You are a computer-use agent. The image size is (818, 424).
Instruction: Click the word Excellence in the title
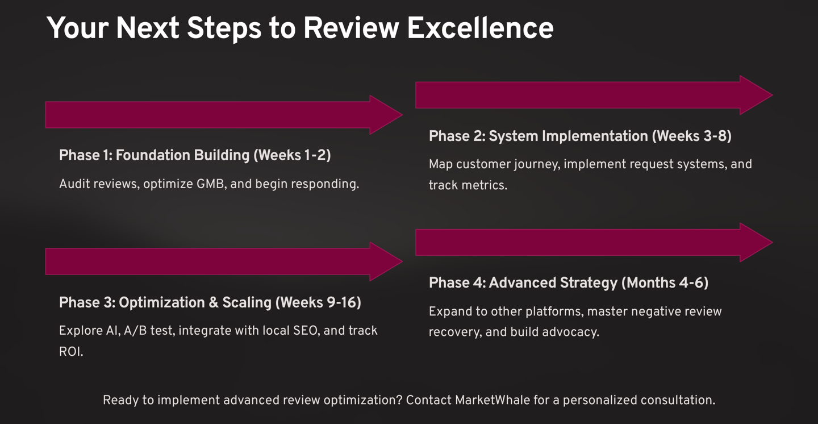[x=480, y=28]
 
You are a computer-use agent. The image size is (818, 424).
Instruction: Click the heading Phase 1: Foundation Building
[x=154, y=155]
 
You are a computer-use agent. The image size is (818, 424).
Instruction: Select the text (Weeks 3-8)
[x=691, y=136]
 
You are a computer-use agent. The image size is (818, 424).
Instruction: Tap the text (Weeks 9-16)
[x=318, y=302]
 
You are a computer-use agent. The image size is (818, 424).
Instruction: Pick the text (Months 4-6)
[x=665, y=283]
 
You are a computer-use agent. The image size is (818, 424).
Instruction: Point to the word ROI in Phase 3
[x=70, y=352]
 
